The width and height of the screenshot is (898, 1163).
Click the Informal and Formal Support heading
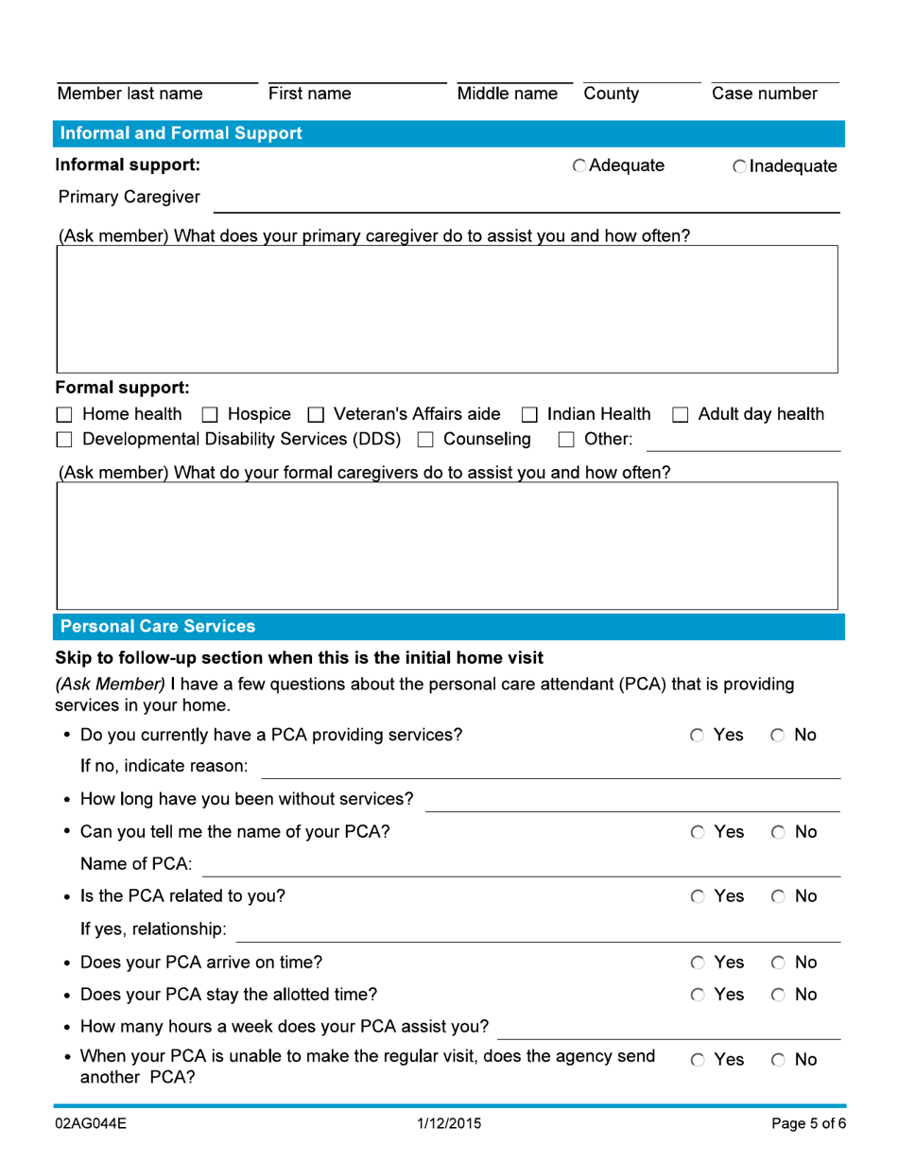point(181,133)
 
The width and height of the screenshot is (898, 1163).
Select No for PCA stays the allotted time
point(771,994)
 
